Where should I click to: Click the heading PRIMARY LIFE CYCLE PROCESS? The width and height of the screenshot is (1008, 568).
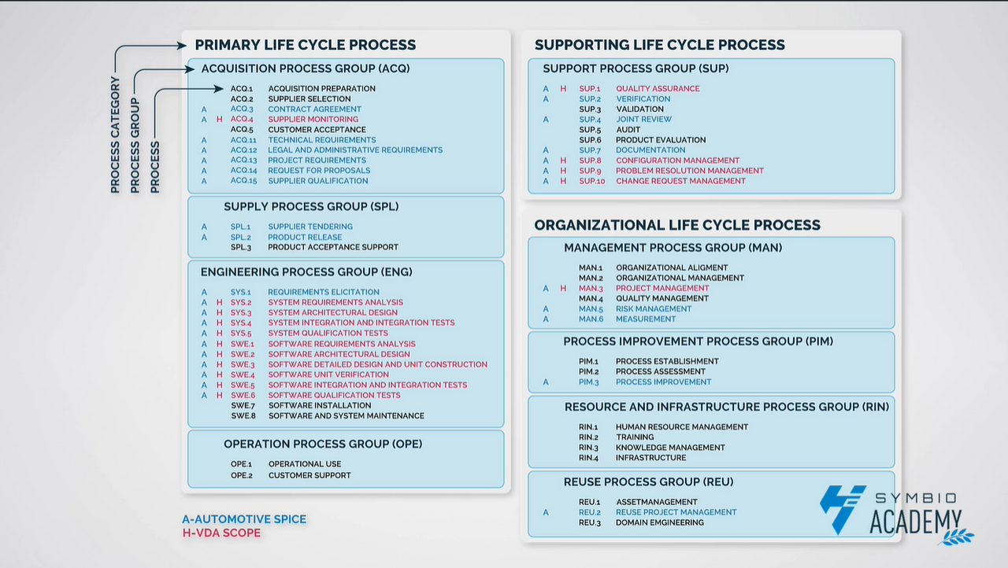click(306, 45)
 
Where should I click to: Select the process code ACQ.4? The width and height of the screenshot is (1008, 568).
click(242, 120)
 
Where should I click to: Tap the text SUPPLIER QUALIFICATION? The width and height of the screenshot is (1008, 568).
click(318, 181)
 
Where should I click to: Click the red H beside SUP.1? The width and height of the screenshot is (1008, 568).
click(563, 89)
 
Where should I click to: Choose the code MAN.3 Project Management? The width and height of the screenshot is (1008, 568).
click(591, 289)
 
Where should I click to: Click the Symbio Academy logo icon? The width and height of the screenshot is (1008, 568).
click(843, 509)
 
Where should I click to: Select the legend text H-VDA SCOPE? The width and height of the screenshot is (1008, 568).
click(221, 533)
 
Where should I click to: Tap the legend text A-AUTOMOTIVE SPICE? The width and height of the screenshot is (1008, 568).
click(244, 519)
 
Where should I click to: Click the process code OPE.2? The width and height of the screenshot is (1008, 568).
click(242, 475)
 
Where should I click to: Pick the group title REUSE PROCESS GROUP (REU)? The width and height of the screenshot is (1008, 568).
click(648, 481)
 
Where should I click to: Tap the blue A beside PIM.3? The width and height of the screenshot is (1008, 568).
click(546, 382)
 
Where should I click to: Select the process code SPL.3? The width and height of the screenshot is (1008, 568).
click(242, 247)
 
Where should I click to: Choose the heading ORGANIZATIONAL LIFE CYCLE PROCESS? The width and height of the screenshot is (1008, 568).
click(677, 225)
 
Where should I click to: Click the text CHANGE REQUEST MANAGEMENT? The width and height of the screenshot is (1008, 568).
click(680, 181)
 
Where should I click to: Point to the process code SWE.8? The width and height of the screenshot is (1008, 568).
click(243, 416)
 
